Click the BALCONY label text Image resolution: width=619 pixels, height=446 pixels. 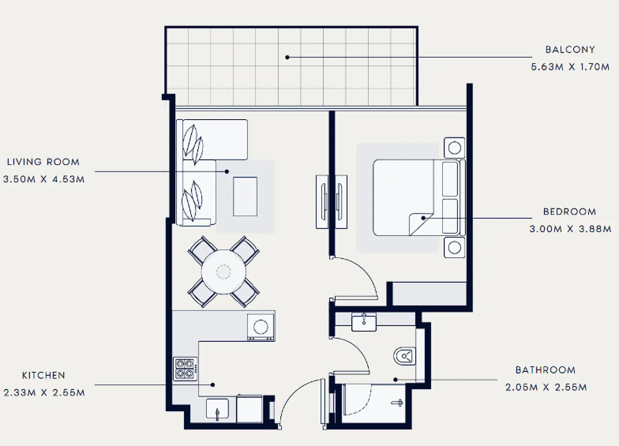tap(570, 49)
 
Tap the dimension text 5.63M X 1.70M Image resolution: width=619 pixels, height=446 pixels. tap(570, 67)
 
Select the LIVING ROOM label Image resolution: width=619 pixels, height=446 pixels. tap(43, 162)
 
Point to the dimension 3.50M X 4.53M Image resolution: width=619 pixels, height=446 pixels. tap(44, 179)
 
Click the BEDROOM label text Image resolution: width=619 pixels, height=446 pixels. tap(570, 212)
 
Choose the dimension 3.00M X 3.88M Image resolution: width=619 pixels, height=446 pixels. tap(570, 229)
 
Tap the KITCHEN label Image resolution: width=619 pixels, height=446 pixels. tap(43, 375)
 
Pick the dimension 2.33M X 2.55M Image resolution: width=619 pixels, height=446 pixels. tap(44, 393)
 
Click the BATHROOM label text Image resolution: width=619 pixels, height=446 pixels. tap(545, 370)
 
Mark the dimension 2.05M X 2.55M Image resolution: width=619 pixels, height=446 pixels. tap(546, 388)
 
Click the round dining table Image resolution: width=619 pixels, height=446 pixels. tap(224, 272)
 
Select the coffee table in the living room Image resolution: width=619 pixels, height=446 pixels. tap(245, 196)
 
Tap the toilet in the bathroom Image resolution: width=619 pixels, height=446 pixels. tap(405, 356)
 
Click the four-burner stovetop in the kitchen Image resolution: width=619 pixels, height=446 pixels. tap(185, 369)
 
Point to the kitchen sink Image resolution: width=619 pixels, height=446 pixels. tap(217, 409)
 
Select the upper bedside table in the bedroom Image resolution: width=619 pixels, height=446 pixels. tap(454, 148)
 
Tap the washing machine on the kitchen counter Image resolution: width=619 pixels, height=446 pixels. tap(260, 326)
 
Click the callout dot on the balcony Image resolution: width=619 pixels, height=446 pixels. tap(287, 58)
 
